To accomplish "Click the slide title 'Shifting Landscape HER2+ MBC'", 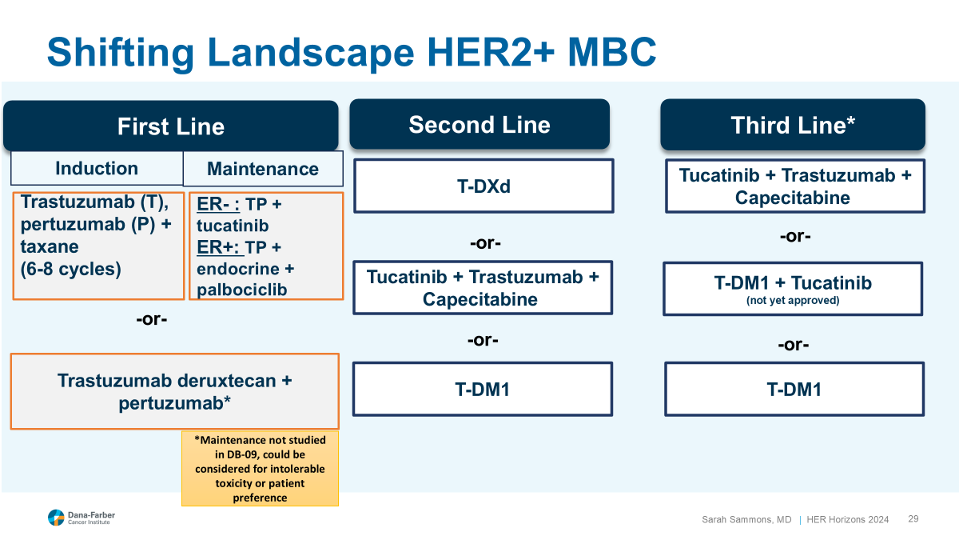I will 352,52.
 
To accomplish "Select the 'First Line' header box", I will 170,126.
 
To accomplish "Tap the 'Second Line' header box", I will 479,124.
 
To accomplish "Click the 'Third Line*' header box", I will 792,125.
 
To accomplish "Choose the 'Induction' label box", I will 97,168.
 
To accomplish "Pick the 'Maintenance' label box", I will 263,169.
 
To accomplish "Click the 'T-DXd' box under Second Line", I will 483,186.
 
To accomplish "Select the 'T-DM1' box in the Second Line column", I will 483,390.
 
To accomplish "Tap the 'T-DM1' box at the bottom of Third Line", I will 794,390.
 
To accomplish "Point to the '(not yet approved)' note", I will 792,301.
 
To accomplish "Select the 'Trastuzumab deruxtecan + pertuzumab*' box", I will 174,391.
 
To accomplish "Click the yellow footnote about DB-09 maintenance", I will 260,469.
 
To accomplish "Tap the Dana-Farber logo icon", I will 55,518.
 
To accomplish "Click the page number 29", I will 913,519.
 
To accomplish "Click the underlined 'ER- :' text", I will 218,204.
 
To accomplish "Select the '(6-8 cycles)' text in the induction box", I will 71,269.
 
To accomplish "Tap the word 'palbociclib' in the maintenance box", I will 241,290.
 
